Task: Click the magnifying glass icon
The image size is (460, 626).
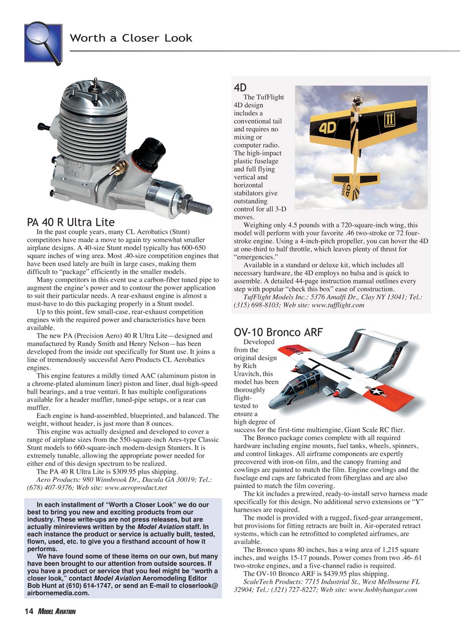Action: (43, 43)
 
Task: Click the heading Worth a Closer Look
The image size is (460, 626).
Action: (131, 38)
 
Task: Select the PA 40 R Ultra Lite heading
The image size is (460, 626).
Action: (70, 222)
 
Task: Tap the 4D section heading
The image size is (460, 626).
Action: (240, 87)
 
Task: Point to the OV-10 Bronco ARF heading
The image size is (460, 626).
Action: (278, 332)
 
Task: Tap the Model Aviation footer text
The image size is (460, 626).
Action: (56, 611)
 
